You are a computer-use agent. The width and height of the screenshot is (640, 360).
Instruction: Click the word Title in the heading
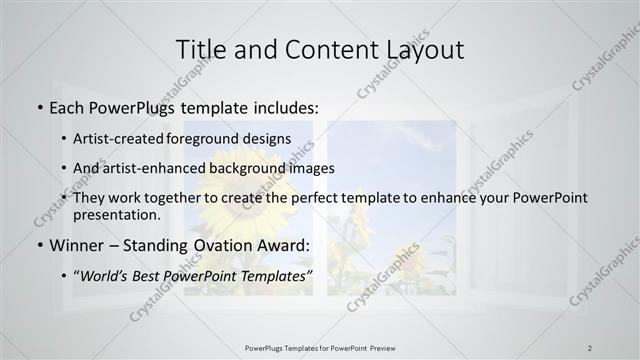201,49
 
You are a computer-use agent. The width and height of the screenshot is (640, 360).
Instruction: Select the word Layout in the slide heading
419,49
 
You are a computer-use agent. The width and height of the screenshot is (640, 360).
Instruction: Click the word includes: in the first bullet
283,105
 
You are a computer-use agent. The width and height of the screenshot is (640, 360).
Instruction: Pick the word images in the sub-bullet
311,168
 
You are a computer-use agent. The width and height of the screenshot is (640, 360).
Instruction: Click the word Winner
79,245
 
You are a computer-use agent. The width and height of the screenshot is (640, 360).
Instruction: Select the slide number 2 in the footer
590,347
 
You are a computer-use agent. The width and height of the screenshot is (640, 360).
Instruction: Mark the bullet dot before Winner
38,246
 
